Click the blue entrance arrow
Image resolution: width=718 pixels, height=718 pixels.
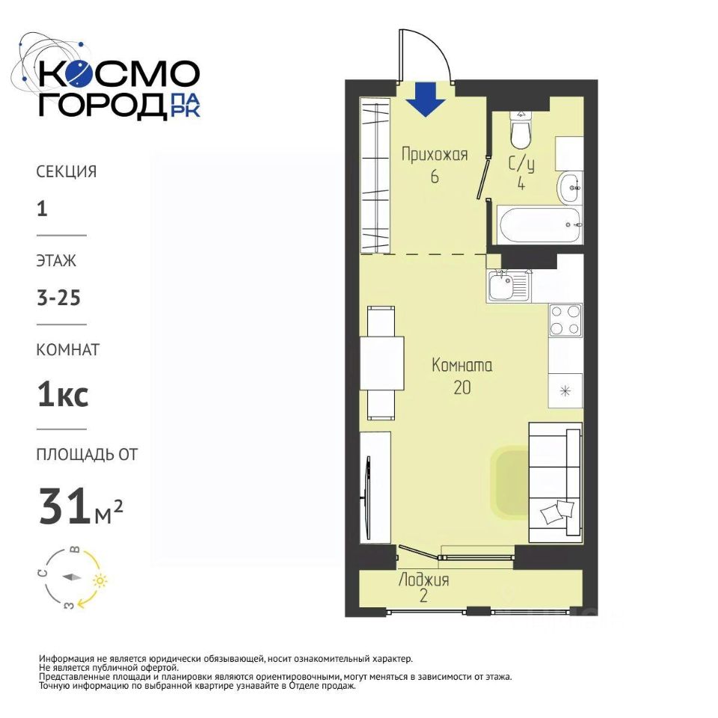[426, 99]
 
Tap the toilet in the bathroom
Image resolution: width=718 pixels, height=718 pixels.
[521, 129]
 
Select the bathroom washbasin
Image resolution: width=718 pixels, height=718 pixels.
[570, 187]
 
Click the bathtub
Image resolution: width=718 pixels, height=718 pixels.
[540, 225]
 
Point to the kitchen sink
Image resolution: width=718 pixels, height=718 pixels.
[509, 285]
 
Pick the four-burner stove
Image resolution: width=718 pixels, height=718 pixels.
[565, 320]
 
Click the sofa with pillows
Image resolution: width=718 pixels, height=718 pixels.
[556, 482]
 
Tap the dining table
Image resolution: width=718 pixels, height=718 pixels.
[381, 363]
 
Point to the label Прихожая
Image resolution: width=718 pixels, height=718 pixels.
[435, 155]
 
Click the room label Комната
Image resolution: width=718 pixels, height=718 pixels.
[462, 366]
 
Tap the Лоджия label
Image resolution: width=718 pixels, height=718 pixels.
[423, 580]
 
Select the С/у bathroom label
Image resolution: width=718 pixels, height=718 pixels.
[521, 165]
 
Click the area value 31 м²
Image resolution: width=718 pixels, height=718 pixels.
[81, 506]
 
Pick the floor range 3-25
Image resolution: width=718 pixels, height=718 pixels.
[58, 298]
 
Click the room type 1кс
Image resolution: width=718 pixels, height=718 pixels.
[63, 395]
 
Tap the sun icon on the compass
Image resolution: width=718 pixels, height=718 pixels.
[99, 581]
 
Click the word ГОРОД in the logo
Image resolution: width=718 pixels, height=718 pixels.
[102, 105]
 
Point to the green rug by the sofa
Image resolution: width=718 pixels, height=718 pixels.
[509, 482]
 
